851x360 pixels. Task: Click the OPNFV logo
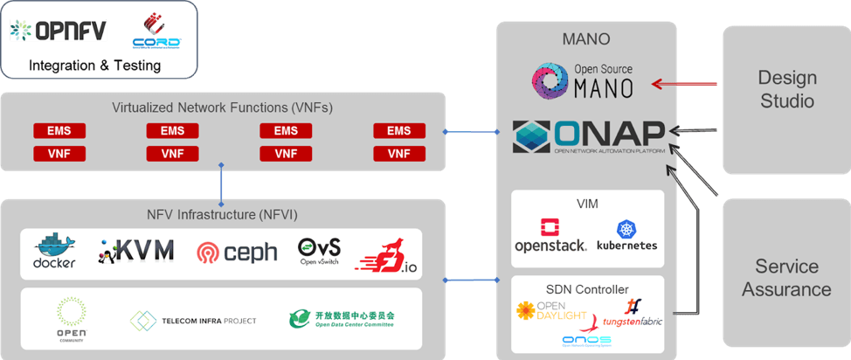pos(58,31)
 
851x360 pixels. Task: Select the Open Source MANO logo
pos(584,79)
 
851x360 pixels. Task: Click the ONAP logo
pos(587,136)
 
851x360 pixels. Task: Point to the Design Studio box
pos(785,90)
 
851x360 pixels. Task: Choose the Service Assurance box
pos(786,277)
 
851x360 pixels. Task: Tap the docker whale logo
pos(54,251)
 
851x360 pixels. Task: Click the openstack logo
pos(550,235)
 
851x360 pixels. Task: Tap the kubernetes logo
pos(626,236)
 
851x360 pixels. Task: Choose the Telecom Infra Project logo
pos(193,321)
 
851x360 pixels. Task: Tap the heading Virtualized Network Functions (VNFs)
pos(222,107)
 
